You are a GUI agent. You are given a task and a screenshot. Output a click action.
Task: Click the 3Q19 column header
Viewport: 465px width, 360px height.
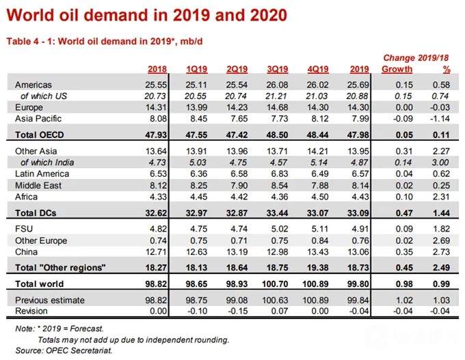click(277, 69)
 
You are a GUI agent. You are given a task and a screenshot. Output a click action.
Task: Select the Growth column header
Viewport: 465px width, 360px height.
click(397, 69)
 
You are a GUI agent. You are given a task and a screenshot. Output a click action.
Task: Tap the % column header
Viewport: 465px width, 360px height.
click(447, 69)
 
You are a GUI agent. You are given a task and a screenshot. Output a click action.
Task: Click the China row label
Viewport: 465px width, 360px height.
click(27, 252)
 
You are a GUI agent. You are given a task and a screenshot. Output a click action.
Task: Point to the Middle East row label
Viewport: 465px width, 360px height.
click(38, 186)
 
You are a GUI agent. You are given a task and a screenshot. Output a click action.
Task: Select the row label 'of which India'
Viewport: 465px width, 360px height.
click(47, 163)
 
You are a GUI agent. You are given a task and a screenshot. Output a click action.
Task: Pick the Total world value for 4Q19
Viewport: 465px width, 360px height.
click(315, 284)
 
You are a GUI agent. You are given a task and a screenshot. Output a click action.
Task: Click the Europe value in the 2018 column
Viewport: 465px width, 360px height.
click(156, 107)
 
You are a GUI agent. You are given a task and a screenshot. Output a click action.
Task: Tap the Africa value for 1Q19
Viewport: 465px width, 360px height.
click(199, 197)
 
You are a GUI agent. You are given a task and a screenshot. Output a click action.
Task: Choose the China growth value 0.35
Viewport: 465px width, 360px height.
click(404, 252)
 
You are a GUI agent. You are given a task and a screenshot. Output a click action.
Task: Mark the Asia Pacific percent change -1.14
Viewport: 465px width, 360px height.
click(440, 118)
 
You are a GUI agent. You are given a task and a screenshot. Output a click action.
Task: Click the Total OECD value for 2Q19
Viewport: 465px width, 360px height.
click(237, 135)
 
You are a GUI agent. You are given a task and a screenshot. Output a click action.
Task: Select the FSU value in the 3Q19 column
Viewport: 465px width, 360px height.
click(280, 229)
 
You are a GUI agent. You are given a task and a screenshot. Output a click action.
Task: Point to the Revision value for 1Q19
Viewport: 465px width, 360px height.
click(198, 311)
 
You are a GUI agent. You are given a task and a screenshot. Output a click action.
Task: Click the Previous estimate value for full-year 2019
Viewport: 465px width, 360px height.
click(358, 300)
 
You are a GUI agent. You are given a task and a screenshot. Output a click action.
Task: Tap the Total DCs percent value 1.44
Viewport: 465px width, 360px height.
click(441, 212)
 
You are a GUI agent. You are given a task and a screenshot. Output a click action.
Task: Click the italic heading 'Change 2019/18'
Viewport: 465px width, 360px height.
click(416, 58)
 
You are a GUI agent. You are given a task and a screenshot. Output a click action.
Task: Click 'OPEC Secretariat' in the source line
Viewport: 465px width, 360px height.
click(79, 350)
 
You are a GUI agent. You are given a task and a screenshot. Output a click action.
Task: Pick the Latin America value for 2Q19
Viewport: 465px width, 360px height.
click(239, 174)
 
